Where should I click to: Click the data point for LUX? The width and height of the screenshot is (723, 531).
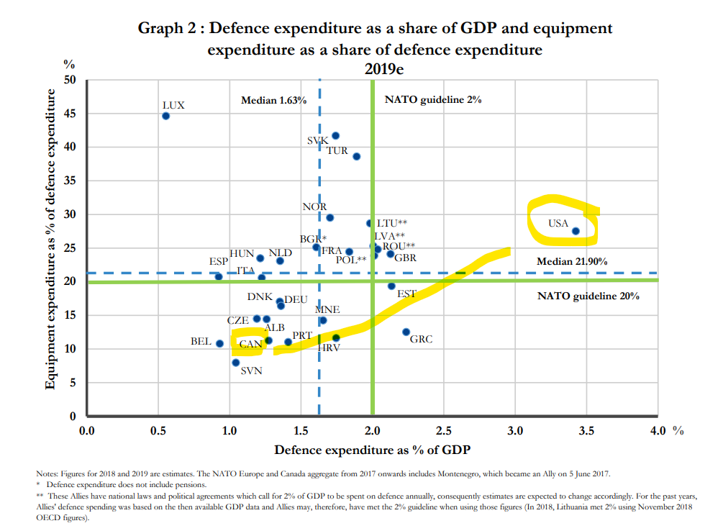[x=165, y=116]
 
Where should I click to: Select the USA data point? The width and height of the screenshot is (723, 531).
[x=576, y=231]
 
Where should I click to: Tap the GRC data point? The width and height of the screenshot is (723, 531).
[x=406, y=332]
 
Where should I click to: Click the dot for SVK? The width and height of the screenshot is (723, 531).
[x=335, y=135]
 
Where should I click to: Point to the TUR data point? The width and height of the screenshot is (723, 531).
[x=356, y=156]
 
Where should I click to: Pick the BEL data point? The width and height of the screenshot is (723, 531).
[x=220, y=343]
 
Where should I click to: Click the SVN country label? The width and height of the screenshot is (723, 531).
[x=251, y=371]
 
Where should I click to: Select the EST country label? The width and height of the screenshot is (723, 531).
[x=406, y=294]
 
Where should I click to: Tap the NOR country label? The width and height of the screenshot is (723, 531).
[x=314, y=207]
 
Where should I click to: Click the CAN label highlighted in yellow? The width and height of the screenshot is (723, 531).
[x=250, y=344]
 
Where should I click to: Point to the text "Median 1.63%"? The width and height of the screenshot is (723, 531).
[x=274, y=100]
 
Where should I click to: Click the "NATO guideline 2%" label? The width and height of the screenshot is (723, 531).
[x=433, y=100]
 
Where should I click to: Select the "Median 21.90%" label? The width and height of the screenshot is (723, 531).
[x=572, y=261]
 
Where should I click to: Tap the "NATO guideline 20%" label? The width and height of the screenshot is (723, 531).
[x=588, y=296]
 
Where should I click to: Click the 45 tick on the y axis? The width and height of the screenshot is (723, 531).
[x=71, y=114]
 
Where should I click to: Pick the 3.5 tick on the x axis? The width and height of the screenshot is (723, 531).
[x=586, y=431]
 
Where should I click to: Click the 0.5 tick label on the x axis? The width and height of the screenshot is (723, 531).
[x=158, y=431]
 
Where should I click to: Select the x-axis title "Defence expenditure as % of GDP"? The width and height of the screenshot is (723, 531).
[x=373, y=450]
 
